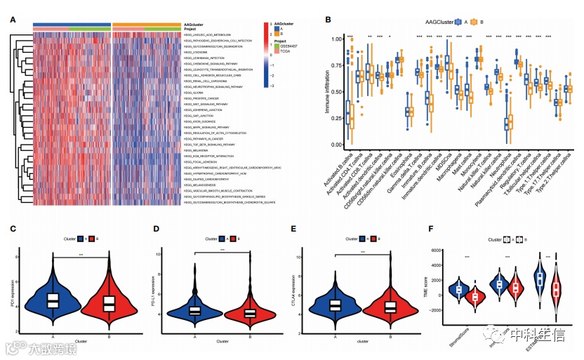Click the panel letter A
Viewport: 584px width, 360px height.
[13, 19]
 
